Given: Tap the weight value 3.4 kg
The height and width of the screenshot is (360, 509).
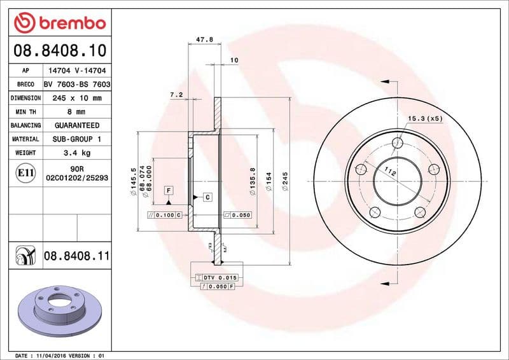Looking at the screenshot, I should [77, 153].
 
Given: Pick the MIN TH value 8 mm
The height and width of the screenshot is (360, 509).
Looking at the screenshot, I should [77, 112].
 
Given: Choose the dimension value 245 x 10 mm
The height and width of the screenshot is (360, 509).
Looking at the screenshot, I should [77, 98].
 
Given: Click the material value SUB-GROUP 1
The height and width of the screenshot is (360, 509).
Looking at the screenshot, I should [77, 139].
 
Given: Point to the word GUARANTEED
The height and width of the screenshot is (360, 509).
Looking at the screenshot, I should [77, 125].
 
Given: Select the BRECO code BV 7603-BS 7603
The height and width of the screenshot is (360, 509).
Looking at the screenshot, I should [77, 84].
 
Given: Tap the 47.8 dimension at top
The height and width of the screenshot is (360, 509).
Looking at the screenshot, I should [204, 39].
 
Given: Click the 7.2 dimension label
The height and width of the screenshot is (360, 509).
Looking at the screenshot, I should [176, 95].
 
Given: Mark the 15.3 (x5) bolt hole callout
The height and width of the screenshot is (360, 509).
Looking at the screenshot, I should [424, 118].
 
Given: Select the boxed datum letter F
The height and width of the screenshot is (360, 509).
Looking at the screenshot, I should [169, 190].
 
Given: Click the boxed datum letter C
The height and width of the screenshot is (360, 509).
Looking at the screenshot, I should [207, 197].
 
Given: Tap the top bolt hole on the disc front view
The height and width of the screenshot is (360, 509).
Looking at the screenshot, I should [398, 142].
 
